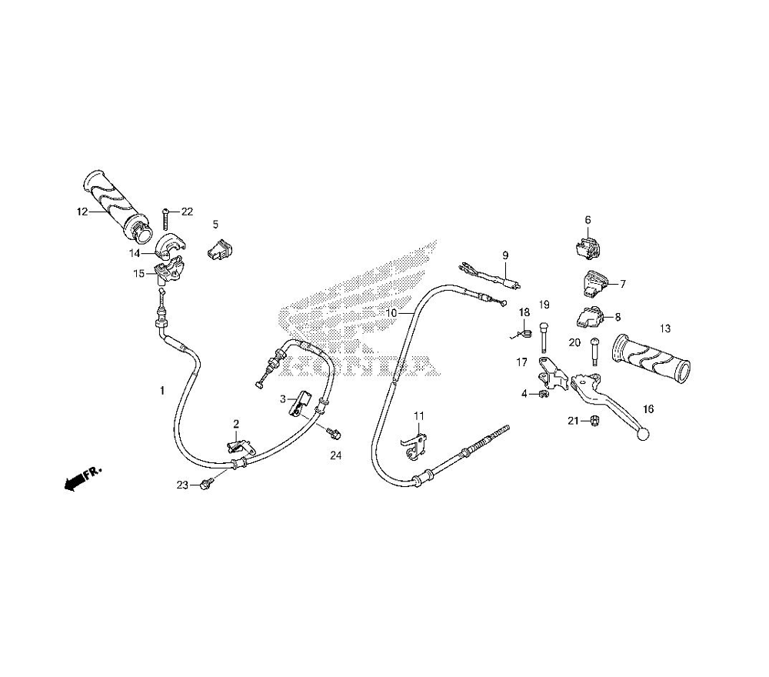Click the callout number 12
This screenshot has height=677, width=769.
(80, 212)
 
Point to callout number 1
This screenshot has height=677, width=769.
(162, 391)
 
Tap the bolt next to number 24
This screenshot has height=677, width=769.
(333, 434)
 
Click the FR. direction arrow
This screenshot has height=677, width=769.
(78, 480)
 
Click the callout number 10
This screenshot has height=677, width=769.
(391, 313)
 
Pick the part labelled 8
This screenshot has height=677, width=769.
(593, 315)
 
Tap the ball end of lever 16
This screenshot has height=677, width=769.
(642, 435)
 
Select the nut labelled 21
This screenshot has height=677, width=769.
(594, 420)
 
